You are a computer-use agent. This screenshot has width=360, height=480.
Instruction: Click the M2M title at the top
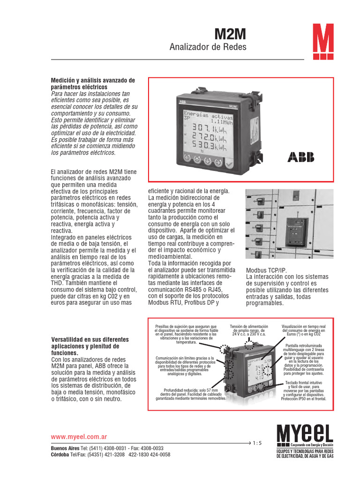pyautogui.click(x=230, y=34)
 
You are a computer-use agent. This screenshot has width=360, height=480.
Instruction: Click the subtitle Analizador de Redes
pyautogui.click(x=207, y=47)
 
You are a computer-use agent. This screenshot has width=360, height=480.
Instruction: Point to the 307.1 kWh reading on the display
pyautogui.click(x=206, y=128)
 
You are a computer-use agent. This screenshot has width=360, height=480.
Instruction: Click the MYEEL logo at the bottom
pyautogui.click(x=305, y=433)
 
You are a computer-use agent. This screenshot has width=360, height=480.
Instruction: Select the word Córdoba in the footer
pyautogui.click(x=61, y=455)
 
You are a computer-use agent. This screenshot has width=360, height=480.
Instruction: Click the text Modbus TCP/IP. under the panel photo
pyautogui.click(x=265, y=270)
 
